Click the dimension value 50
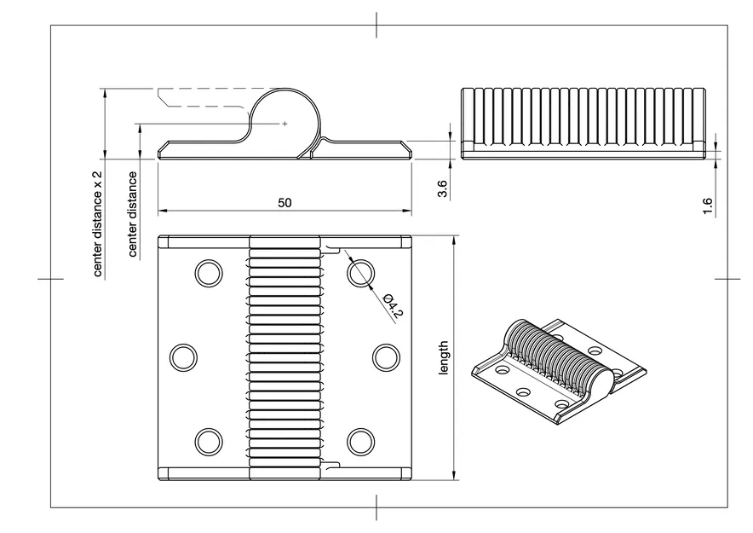(x=285, y=203)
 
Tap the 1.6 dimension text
(x=708, y=206)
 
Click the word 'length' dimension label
(x=442, y=359)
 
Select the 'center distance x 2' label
(x=97, y=223)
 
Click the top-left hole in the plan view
(x=208, y=273)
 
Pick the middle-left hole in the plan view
(x=183, y=357)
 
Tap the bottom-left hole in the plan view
(x=208, y=440)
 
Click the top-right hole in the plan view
(x=361, y=273)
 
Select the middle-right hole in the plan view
(x=385, y=357)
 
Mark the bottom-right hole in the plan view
(x=361, y=440)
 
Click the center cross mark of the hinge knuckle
(x=285, y=124)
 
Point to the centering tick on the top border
(x=376, y=25)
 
